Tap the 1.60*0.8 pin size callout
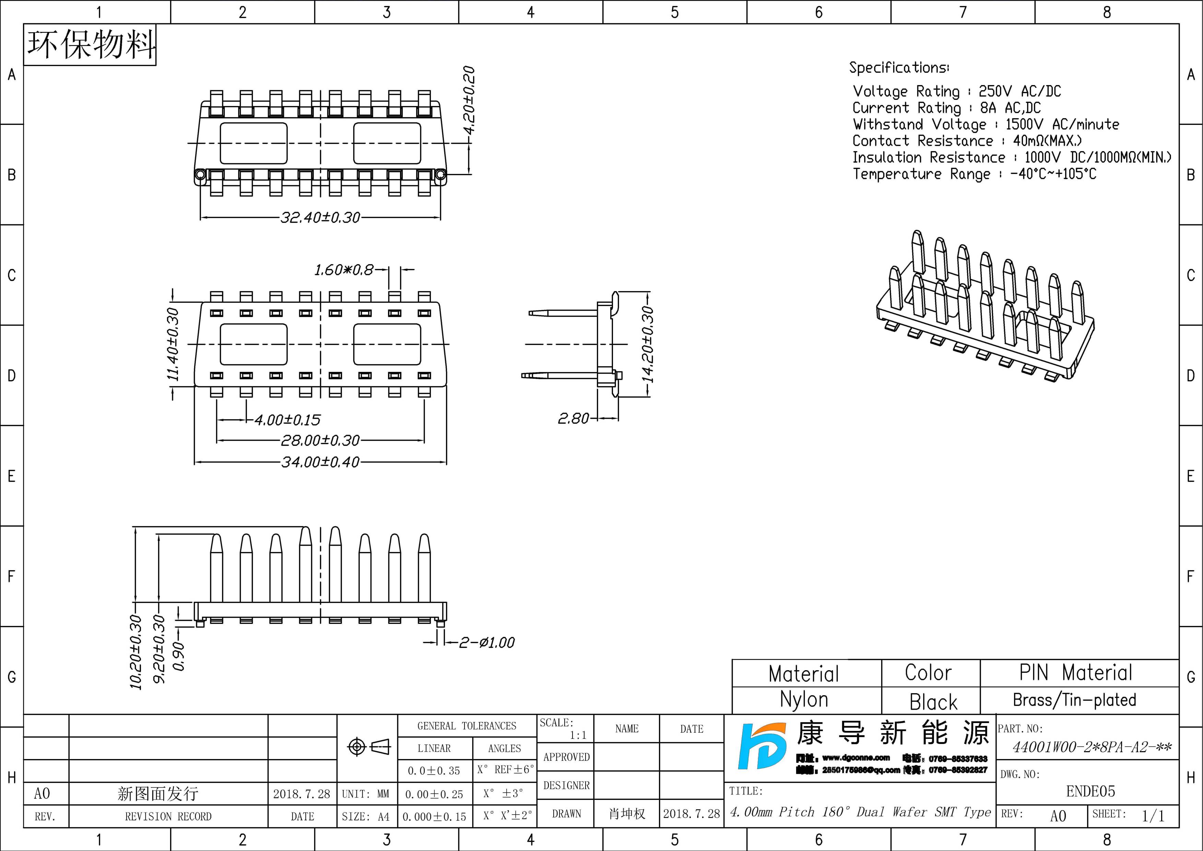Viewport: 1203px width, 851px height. pos(344,270)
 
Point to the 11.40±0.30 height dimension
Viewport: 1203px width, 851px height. pos(173,344)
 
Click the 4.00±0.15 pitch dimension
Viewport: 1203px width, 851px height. pos(287,420)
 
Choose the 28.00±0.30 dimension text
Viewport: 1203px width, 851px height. pos(320,440)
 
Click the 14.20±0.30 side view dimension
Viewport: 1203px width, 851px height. pos(648,344)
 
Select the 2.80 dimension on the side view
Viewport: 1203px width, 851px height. pos(573,418)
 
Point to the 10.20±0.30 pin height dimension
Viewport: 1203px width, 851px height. pos(136,652)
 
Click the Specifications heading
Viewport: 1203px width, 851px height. pos(899,68)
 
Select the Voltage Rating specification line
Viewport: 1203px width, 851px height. pos(957,91)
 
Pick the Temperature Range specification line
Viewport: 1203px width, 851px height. pos(974,173)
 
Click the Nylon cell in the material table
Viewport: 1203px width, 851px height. pos(804,700)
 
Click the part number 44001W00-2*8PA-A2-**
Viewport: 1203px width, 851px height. pos(1092,747)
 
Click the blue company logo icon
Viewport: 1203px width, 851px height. pos(762,746)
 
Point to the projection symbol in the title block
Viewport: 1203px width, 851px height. pos(369,746)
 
